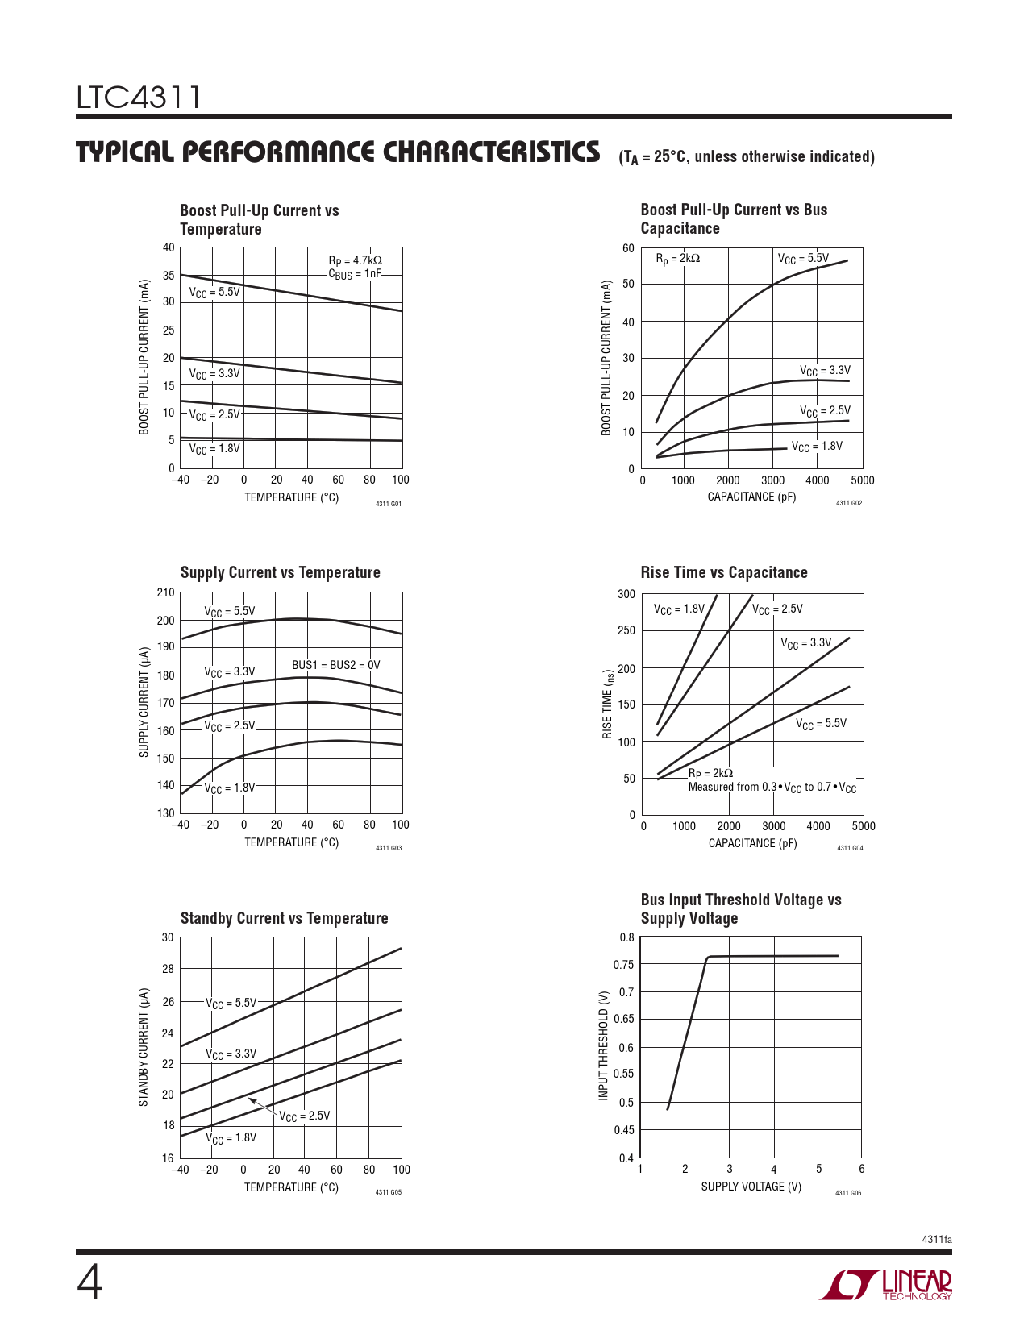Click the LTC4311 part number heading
coord(139,98)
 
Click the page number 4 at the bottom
coord(89,1283)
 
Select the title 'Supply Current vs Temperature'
coord(280,572)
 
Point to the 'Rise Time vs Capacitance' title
coord(723,572)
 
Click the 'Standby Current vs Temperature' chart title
coord(284,918)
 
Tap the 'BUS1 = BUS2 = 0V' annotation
coord(335,665)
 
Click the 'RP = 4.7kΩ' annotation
coord(355,260)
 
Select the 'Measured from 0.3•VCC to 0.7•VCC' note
coord(772,788)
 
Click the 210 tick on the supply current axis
coord(165,593)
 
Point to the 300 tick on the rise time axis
coord(626,594)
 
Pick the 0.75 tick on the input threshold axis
coord(623,965)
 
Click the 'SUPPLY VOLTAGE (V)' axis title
coord(751,1187)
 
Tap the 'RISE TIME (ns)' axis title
coord(608,703)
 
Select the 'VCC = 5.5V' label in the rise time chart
coord(821,724)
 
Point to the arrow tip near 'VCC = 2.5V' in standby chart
coord(249,1099)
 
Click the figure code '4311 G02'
coord(848,504)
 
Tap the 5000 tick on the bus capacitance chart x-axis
coord(862,480)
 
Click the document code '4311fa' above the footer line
coord(936,1239)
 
